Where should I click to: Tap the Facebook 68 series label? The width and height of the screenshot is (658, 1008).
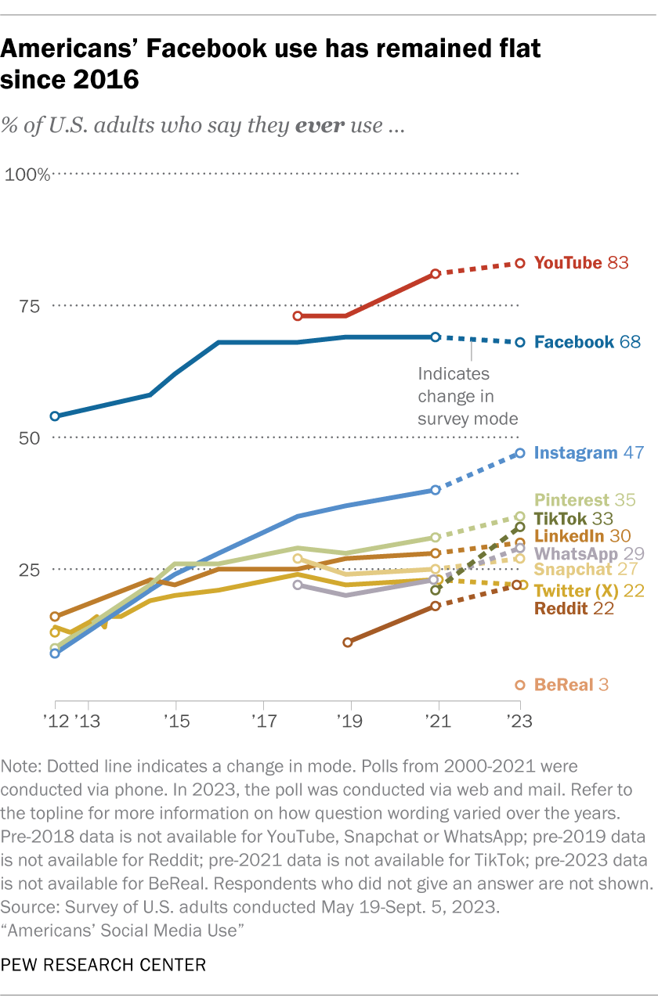(x=587, y=341)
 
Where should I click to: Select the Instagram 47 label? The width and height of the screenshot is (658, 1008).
(x=588, y=452)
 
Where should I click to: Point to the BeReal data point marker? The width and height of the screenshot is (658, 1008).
(x=519, y=685)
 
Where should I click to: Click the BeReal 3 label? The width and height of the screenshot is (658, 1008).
(x=571, y=685)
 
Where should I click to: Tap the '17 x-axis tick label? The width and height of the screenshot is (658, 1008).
(x=263, y=718)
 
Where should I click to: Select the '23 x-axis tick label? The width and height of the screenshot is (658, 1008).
(x=517, y=718)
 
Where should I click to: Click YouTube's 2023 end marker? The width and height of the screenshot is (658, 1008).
(x=519, y=264)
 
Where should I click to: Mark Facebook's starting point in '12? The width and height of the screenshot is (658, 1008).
(x=55, y=416)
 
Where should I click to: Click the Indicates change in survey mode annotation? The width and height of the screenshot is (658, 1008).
(x=468, y=396)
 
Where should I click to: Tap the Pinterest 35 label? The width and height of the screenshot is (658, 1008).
(x=584, y=499)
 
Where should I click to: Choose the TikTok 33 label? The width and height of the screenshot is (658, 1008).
(x=573, y=518)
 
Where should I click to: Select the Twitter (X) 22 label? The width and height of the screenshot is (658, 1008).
(x=589, y=591)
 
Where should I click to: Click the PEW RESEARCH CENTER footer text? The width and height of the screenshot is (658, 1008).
(x=104, y=965)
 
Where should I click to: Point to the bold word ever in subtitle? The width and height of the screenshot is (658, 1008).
(x=323, y=125)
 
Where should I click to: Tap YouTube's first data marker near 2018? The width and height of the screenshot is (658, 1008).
(x=298, y=316)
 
